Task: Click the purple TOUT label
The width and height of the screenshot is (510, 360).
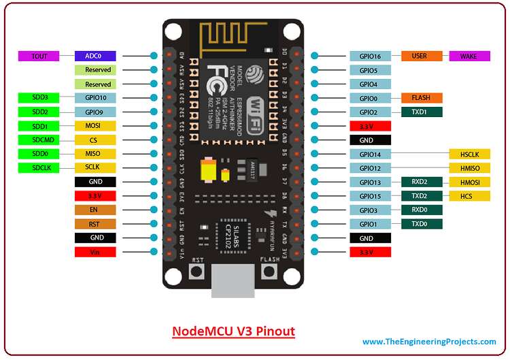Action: [x=39, y=56]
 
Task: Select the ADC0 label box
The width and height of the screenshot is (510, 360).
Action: [x=95, y=56]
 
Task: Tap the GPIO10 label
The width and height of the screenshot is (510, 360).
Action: [x=95, y=98]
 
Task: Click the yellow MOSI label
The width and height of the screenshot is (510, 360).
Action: [x=95, y=126]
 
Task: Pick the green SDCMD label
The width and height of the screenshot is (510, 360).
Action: [x=39, y=140]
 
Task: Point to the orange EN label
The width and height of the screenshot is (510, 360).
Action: [x=95, y=210]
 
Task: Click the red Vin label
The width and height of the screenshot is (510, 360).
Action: [x=95, y=252]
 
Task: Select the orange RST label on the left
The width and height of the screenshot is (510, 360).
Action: [x=95, y=224]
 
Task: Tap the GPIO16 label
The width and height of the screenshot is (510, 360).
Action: [x=370, y=56]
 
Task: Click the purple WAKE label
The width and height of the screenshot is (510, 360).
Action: [x=469, y=56]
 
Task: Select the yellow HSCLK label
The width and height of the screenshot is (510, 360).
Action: [x=469, y=154]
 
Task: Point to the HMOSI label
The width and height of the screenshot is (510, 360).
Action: [x=469, y=182]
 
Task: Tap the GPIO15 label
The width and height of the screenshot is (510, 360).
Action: [x=370, y=196]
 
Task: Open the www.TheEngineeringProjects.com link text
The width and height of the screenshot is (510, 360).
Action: [x=429, y=342]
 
